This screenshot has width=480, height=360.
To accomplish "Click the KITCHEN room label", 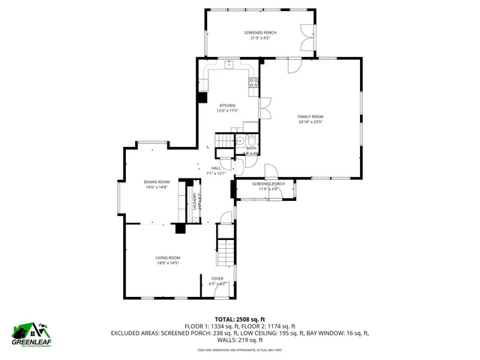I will [x=227, y=106].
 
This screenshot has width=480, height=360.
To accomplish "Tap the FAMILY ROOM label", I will [x=310, y=116].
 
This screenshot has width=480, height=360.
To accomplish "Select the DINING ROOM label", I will [x=157, y=182].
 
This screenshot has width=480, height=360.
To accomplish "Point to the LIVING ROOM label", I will [x=168, y=257].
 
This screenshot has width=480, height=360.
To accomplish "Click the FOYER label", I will [x=217, y=278].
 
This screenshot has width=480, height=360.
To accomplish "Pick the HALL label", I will [x=216, y=168].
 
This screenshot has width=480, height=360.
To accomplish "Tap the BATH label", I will [x=251, y=148].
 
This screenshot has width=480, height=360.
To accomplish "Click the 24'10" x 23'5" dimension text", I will [x=310, y=121].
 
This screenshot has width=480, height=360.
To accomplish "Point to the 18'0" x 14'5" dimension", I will [x=168, y=262].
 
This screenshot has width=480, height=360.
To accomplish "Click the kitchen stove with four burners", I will [x=253, y=82].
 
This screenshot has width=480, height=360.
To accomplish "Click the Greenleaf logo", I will [x=29, y=333].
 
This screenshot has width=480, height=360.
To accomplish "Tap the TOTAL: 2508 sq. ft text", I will [x=239, y=319].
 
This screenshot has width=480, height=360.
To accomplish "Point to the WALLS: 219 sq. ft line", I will [x=239, y=339].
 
